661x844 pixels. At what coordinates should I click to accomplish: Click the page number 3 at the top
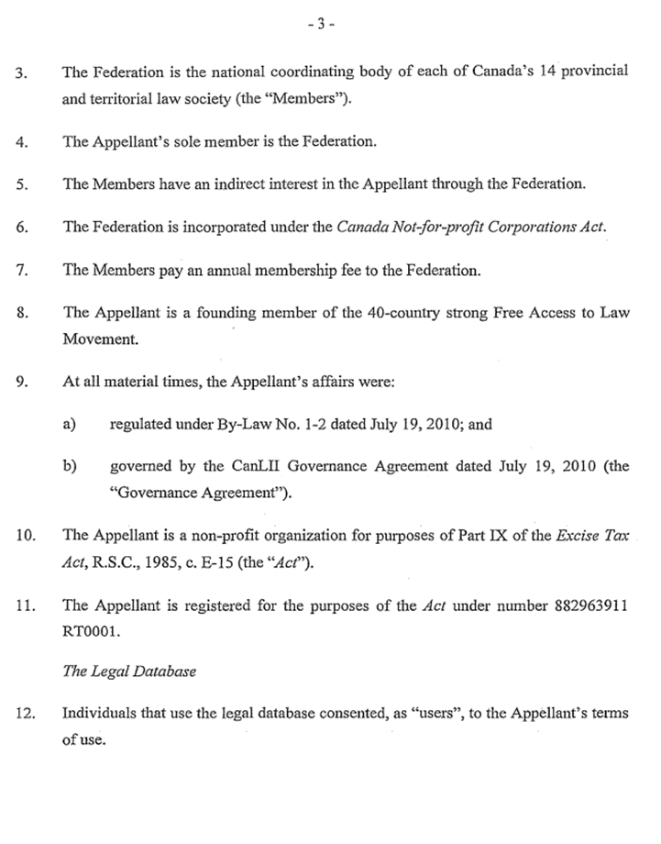coord(321,25)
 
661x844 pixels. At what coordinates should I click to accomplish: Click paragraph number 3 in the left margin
coord(22,72)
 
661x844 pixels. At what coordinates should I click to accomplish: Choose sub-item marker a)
coord(69,424)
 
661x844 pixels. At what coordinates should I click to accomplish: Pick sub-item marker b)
coord(69,466)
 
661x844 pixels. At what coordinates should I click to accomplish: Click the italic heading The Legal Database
coord(129,672)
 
